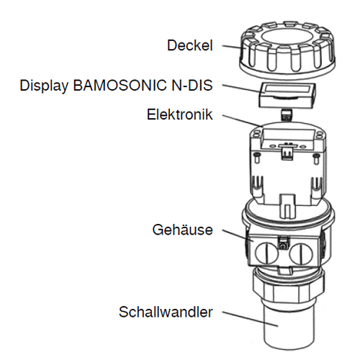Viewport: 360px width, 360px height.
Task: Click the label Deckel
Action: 190,45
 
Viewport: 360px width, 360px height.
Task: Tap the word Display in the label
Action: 44,86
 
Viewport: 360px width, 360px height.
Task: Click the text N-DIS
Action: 192,85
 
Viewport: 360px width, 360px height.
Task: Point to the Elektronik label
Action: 180,114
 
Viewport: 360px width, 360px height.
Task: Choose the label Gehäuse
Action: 183,230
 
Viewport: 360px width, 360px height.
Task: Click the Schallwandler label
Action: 166,312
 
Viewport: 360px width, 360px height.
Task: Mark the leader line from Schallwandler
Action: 250,319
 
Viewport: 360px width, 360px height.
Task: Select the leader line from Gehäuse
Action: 238,235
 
